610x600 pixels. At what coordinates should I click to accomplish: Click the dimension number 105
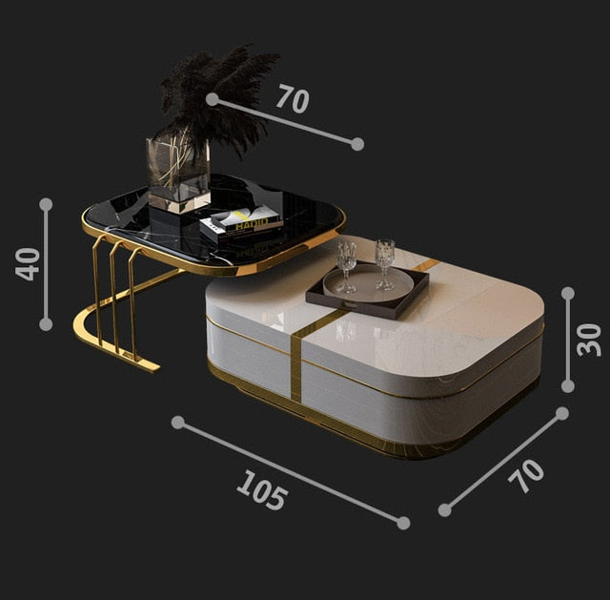(262, 489)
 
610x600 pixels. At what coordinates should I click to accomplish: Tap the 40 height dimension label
(28, 264)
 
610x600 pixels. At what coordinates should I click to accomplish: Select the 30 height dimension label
(589, 340)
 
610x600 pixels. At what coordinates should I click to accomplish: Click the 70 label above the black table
(293, 99)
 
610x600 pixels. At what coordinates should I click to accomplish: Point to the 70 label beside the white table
(526, 476)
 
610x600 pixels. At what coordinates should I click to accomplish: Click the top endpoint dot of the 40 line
(46, 204)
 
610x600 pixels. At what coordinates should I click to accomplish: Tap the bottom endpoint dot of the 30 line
(568, 386)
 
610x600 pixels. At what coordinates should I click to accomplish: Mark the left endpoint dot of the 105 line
(178, 423)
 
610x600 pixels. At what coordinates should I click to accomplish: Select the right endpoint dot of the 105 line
(403, 523)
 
